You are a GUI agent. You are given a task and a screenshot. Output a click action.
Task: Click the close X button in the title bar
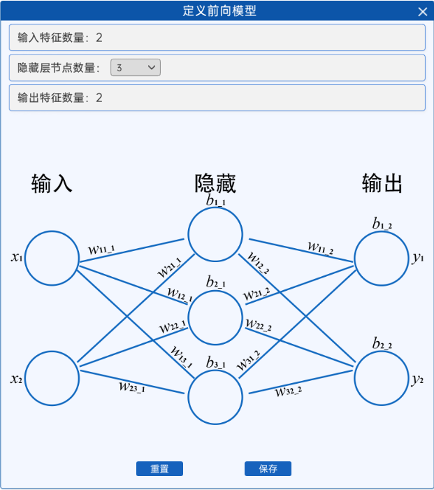coord(422,11)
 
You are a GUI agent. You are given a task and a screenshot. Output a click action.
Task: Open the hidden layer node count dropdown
coord(136,68)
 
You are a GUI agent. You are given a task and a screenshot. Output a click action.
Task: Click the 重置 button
coord(159,469)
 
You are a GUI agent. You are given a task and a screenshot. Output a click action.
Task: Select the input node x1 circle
coord(52,258)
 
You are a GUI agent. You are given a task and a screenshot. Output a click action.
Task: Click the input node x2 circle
coord(52,378)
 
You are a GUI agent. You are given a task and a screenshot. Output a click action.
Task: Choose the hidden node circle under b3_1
coord(215,397)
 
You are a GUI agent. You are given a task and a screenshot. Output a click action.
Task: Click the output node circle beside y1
coord(382,258)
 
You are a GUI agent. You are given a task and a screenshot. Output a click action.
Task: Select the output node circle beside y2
coord(382,378)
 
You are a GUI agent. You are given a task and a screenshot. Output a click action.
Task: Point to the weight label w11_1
coord(102,249)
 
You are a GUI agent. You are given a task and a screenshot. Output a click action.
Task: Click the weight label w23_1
coord(131,385)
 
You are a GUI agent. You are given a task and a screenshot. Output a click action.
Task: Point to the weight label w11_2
coord(321,247)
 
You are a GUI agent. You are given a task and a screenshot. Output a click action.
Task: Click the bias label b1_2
coord(382,224)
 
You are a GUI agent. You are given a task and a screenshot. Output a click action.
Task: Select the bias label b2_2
coord(382,344)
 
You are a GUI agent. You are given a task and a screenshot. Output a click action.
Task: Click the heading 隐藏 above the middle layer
coord(215,184)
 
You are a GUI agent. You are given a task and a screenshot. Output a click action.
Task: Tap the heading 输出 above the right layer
coord(382,184)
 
